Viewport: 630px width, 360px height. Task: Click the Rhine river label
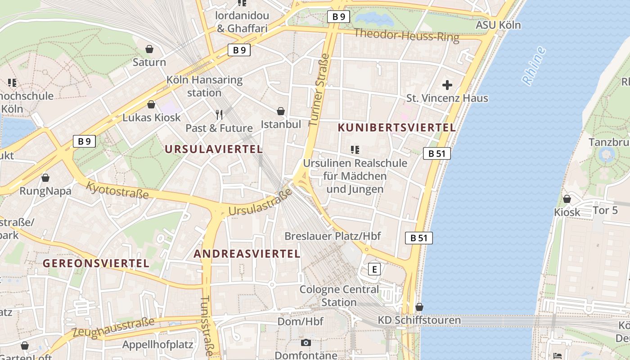tap(534, 66)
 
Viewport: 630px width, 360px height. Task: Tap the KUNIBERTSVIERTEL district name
tap(396, 128)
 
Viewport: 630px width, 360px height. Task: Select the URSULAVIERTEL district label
tap(213, 149)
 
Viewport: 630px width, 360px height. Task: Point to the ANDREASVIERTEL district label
tap(247, 254)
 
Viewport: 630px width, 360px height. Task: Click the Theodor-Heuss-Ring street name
tap(406, 35)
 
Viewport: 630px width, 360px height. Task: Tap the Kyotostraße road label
tap(117, 190)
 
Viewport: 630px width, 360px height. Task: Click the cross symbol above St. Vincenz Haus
tap(447, 85)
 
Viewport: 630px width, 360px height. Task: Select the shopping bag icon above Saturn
tap(149, 49)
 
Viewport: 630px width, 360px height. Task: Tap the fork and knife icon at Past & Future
tap(219, 115)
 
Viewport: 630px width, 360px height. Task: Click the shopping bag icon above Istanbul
tap(281, 111)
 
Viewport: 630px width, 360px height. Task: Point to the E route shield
tap(374, 269)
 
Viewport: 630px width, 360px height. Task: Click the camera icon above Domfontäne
tap(306, 343)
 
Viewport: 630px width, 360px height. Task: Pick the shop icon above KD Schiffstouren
tap(419, 307)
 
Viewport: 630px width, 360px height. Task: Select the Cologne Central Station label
tap(339, 296)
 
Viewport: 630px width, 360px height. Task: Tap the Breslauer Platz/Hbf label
tap(333, 236)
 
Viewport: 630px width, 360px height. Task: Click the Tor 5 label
tap(605, 210)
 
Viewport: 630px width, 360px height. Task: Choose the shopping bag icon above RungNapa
tap(45, 177)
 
